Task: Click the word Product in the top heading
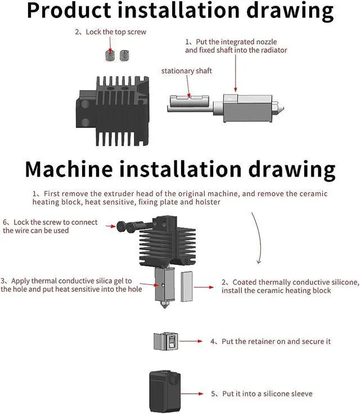pyautogui.click(x=73, y=11)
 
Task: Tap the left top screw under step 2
pyautogui.click(x=110, y=55)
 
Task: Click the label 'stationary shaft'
pyautogui.click(x=186, y=71)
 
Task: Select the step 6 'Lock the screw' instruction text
pyautogui.click(x=51, y=226)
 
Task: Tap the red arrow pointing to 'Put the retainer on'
pyautogui.click(x=196, y=341)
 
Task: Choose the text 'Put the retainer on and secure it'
pyautogui.click(x=270, y=341)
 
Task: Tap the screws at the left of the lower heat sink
pyautogui.click(x=127, y=227)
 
